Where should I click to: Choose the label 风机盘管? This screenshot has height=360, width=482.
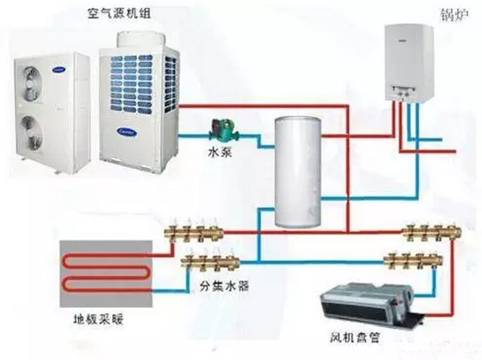[x=357, y=337]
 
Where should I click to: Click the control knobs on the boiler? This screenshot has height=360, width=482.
[x=406, y=92]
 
